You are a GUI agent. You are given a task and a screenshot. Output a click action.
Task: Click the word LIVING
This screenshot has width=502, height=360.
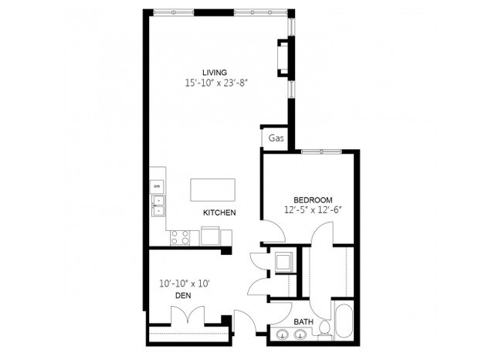pos(215,73)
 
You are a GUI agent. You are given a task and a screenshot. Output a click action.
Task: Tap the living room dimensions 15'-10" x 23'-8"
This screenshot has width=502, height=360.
pos(215,83)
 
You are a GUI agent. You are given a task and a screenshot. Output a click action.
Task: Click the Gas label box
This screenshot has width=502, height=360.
pos(275,139)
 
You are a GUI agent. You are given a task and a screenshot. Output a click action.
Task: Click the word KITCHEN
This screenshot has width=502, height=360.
pos(219,212)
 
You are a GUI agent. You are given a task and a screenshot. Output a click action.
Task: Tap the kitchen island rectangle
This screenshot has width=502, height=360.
pos(213,189)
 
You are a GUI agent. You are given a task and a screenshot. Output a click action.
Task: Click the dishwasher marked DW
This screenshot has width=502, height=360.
pos(157,187)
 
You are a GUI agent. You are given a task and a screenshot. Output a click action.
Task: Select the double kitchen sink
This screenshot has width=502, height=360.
pos(158,205)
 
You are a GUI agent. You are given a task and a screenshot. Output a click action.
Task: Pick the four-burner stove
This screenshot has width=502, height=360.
pos(179,236)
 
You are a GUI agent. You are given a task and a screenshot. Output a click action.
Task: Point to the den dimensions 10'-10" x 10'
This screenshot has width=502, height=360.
pos(184,284)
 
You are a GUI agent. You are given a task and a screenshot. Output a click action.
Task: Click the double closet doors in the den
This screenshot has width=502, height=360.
pos(188,317)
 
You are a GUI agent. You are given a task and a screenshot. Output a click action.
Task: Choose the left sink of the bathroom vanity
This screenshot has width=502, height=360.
pos(281,335)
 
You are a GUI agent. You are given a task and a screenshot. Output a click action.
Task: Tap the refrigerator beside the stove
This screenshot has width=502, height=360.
pos(211,236)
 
